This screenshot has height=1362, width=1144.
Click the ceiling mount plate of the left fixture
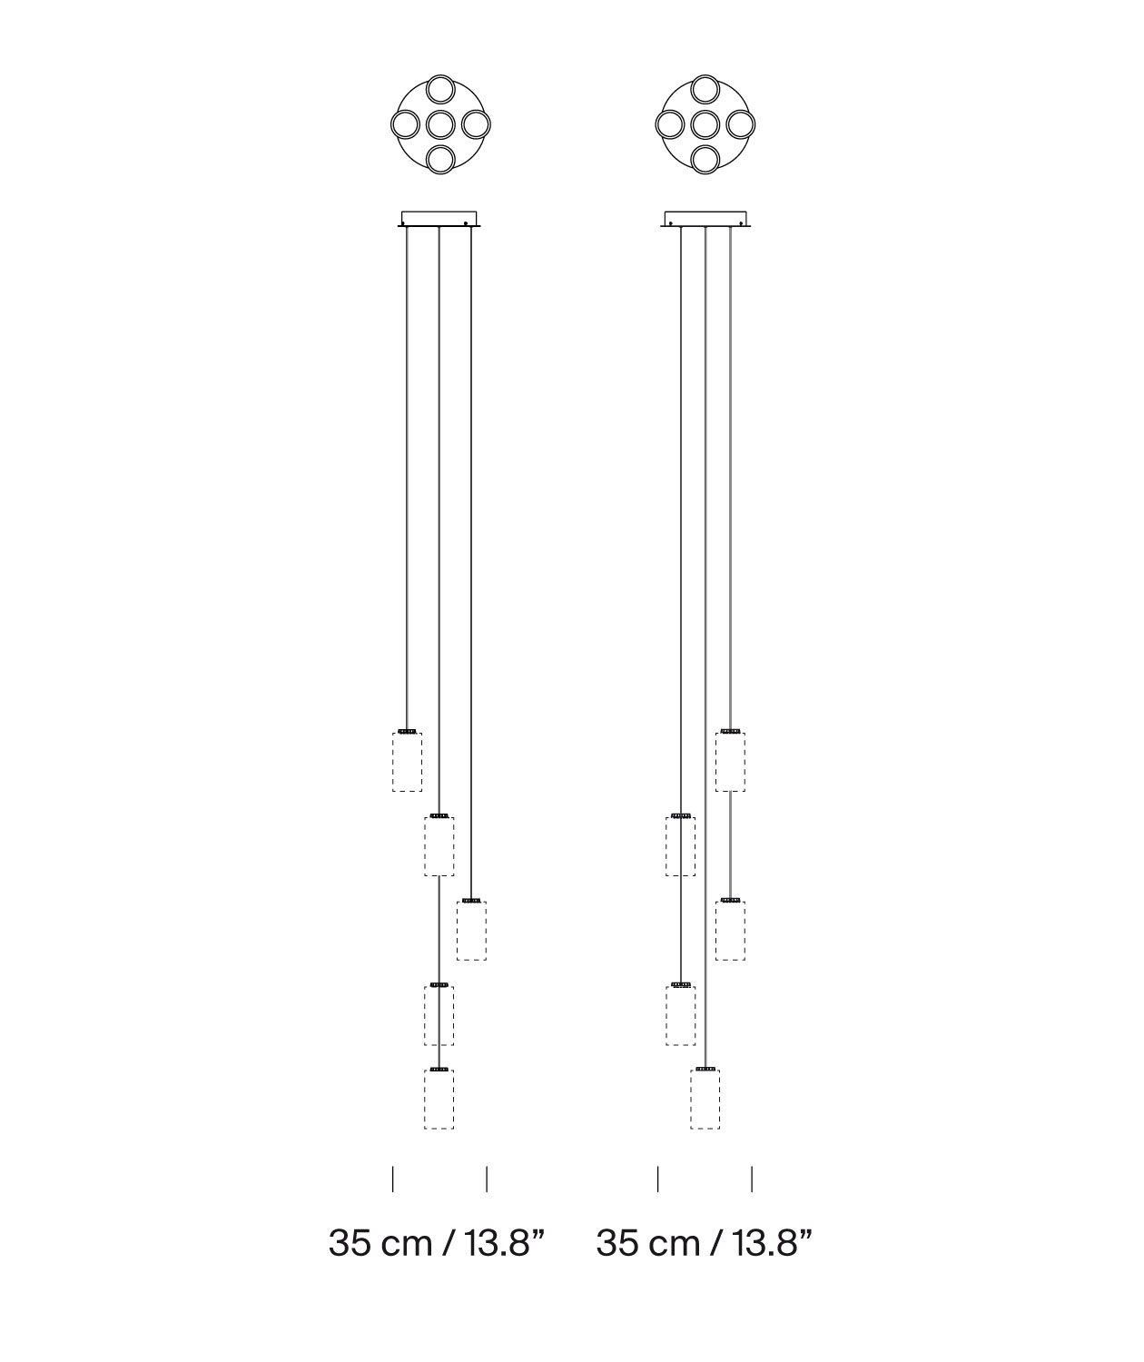tap(439, 219)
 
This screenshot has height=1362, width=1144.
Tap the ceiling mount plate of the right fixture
tap(705, 219)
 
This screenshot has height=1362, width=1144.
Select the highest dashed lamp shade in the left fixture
tap(407, 762)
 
